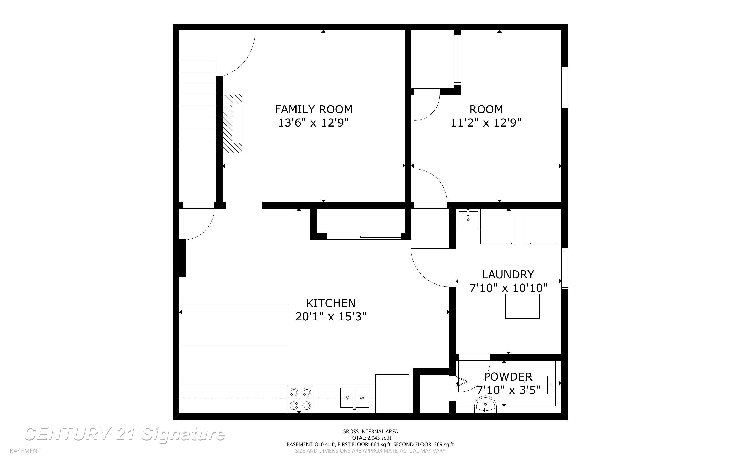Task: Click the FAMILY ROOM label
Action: [313, 109]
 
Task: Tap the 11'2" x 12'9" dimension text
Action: [486, 123]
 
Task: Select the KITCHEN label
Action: [331, 303]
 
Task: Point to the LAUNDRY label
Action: [508, 274]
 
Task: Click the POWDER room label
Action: [508, 376]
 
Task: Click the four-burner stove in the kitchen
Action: [300, 399]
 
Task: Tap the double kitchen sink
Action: [354, 398]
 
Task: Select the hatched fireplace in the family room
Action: [232, 124]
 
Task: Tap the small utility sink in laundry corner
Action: [468, 219]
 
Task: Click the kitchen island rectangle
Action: [233, 325]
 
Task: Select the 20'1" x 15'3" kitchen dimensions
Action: [331, 317]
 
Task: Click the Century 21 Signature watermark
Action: [125, 434]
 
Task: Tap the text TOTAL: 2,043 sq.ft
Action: [370, 438]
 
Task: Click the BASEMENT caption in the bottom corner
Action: [25, 451]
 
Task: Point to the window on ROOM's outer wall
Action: [564, 87]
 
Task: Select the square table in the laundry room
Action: [522, 306]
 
